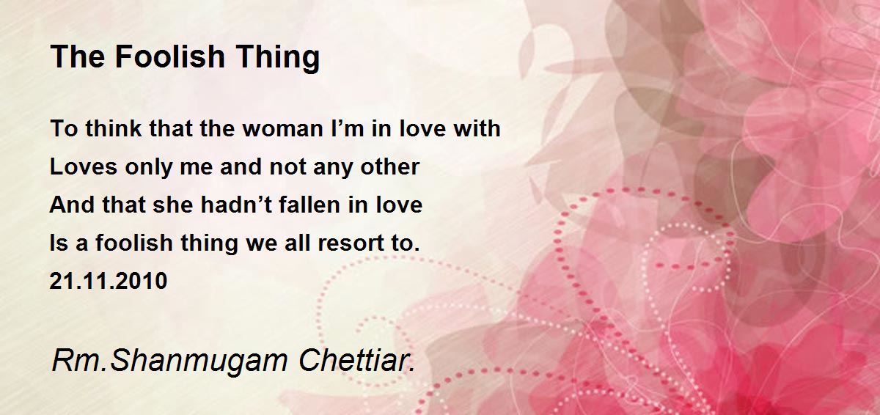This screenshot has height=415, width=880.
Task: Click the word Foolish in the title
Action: (x=169, y=56)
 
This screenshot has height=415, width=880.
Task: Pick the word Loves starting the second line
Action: (x=84, y=166)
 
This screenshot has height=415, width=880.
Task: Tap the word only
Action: (x=149, y=168)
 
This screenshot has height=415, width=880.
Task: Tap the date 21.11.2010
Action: (x=109, y=281)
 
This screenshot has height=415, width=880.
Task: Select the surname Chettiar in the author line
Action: (x=356, y=361)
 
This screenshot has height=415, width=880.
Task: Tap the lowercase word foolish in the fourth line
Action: (x=134, y=242)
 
